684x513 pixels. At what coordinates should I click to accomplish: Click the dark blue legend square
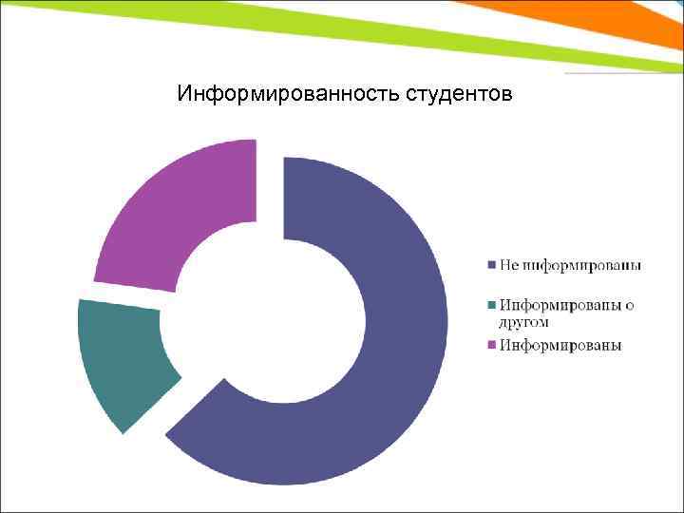491,264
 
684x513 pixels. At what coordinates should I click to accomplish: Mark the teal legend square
491,305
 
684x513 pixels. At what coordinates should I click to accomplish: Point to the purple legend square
491,346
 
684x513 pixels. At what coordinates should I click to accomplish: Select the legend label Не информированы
570,264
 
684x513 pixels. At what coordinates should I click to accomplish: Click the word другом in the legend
523,323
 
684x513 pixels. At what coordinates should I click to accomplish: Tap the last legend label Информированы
560,346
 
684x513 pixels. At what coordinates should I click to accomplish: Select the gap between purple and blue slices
270,190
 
